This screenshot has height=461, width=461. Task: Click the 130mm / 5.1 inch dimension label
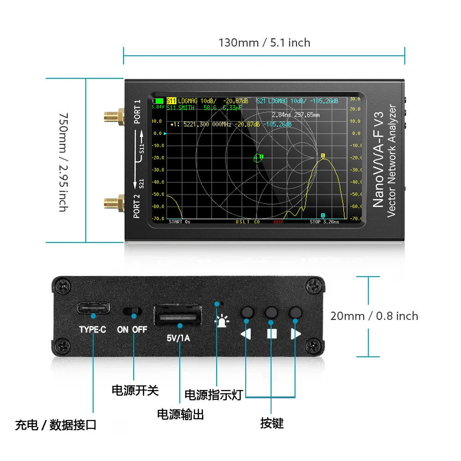point(264,43)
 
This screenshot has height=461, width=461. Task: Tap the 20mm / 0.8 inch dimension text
point(374,316)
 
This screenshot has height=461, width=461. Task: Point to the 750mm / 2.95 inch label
point(64,162)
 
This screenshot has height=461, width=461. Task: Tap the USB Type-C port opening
point(94,308)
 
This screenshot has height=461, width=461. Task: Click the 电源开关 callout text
point(135,390)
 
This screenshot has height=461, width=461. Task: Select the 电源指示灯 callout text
point(213,395)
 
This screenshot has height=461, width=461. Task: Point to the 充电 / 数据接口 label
point(56,425)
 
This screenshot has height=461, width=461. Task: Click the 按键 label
point(272,423)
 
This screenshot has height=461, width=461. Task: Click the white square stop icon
point(272,333)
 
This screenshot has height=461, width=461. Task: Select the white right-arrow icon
point(296,333)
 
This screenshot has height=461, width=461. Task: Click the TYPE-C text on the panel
point(93,330)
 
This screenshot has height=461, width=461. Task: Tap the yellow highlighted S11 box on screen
point(171,101)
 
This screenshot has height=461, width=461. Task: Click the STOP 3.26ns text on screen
point(324,222)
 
